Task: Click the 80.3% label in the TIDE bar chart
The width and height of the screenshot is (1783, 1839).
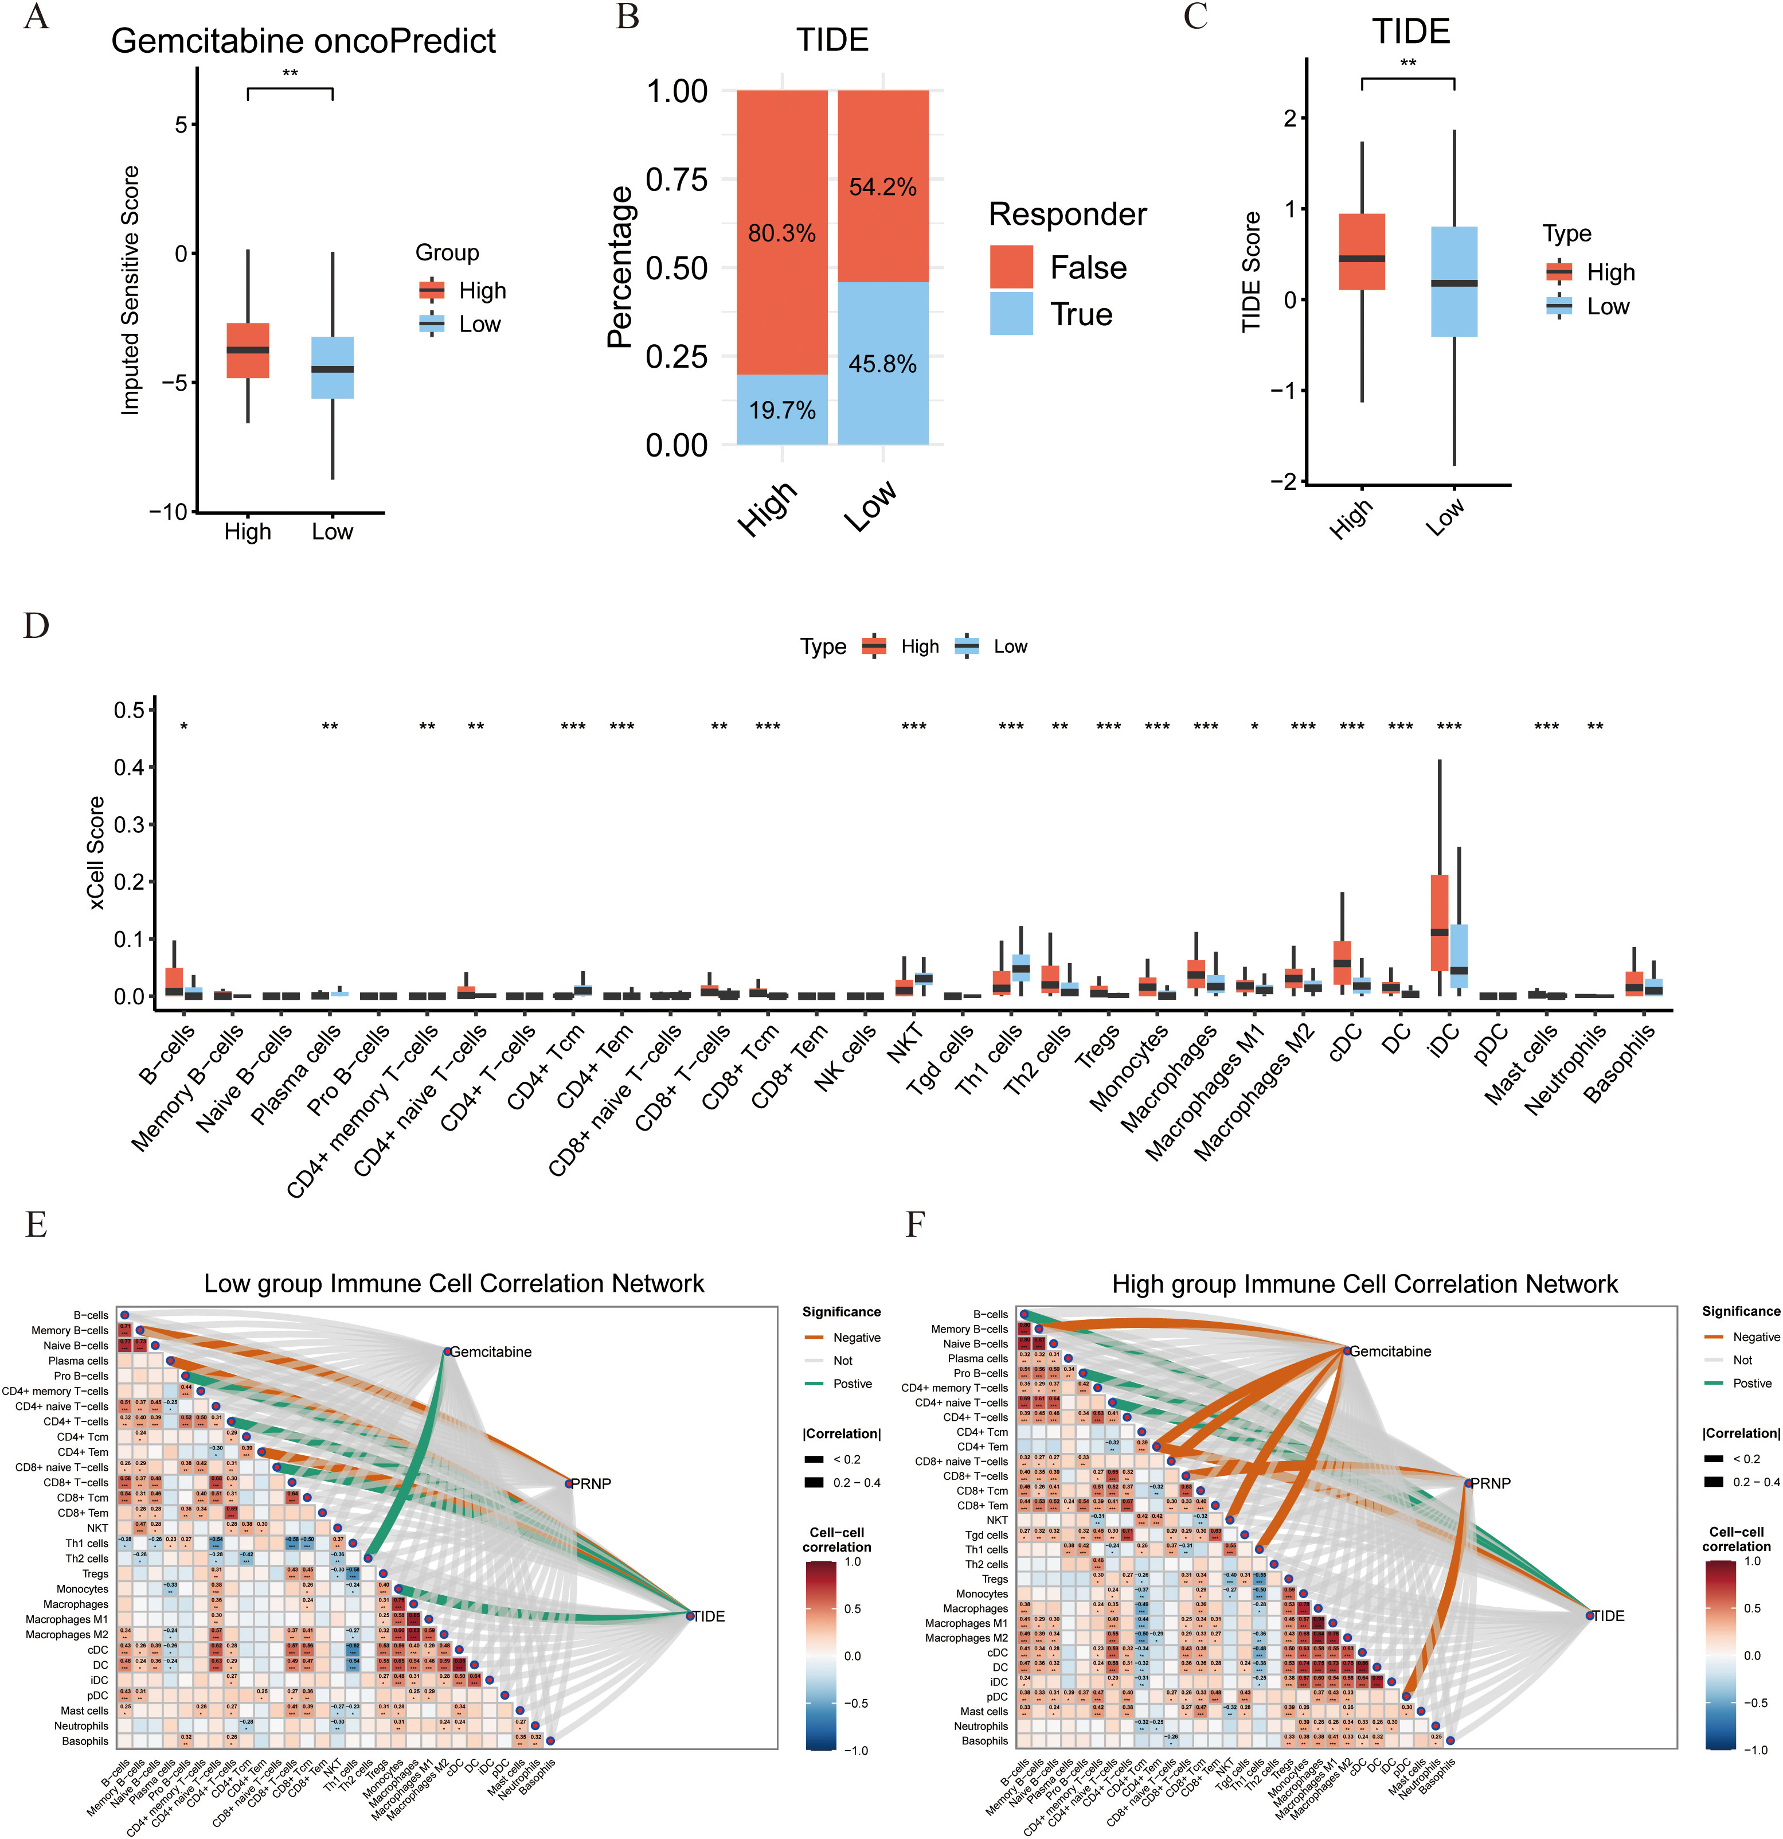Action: (x=781, y=233)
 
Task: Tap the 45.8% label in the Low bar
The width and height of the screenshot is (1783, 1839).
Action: (x=882, y=364)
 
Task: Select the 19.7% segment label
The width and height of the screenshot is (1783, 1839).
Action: (x=781, y=410)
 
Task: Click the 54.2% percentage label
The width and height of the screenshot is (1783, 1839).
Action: (x=882, y=188)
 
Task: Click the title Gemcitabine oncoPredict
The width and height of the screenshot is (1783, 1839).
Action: (x=303, y=41)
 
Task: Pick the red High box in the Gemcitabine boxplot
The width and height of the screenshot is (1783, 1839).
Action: (x=248, y=350)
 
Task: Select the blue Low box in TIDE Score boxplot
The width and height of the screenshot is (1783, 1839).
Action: (x=1454, y=282)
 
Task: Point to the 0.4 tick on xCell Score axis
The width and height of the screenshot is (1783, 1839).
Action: (x=130, y=767)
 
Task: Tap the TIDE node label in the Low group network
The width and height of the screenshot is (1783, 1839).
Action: (x=707, y=1616)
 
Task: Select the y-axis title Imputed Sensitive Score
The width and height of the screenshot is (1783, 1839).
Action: (x=130, y=291)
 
